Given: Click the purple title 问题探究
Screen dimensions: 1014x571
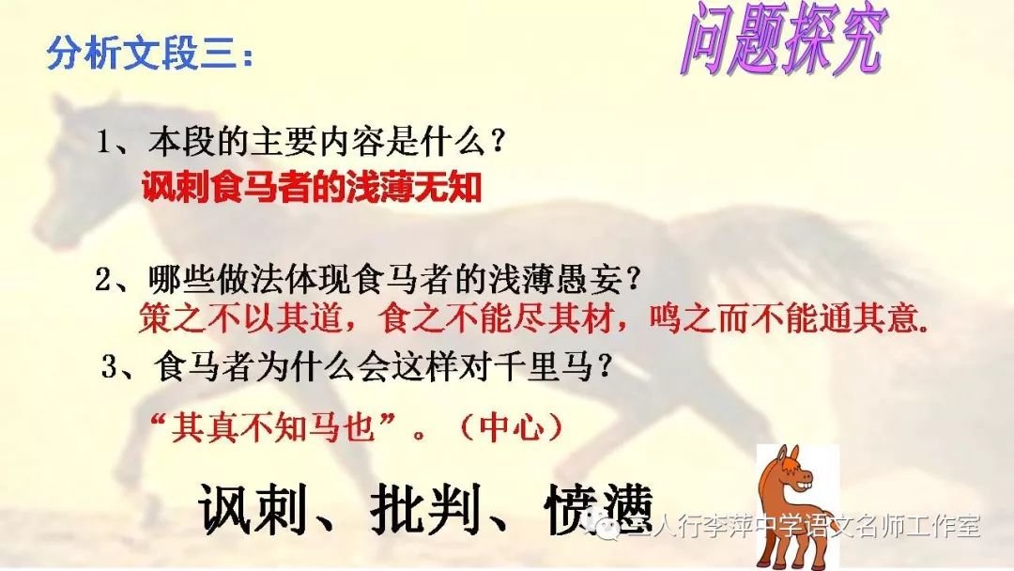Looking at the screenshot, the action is point(784,39).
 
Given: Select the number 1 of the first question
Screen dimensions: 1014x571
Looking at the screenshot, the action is point(103,141).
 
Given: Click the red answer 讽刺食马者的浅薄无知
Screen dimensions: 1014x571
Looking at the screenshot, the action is point(312,188).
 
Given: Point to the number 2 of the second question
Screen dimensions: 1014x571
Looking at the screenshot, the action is point(103,280).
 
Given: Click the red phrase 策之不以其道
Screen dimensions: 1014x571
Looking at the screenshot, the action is point(240,318).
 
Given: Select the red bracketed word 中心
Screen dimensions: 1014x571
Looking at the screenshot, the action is point(511,426).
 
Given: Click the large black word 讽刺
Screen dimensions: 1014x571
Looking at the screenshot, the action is point(253,508).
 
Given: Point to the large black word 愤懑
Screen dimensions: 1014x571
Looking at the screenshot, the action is point(599,508).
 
